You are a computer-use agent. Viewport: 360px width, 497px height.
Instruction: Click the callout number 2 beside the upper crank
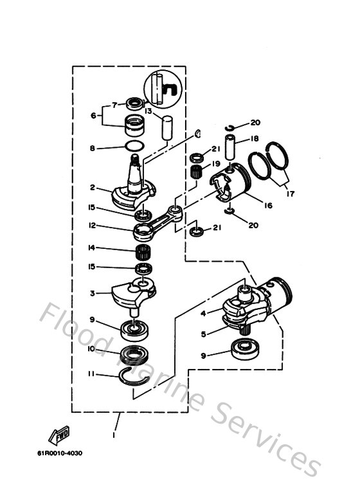point(93,188)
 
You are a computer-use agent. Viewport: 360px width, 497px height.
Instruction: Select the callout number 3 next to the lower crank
point(93,293)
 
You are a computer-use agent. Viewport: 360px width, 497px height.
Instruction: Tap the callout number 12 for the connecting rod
point(93,226)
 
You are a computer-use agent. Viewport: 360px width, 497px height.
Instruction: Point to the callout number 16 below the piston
point(267,205)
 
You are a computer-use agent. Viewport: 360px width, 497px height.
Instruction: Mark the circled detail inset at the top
point(163,86)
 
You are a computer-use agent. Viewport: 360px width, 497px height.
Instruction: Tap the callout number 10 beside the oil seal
point(92,348)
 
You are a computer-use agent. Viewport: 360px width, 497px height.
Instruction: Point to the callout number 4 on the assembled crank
point(204,313)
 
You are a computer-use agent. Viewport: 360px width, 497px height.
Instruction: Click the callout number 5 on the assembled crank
point(204,334)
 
